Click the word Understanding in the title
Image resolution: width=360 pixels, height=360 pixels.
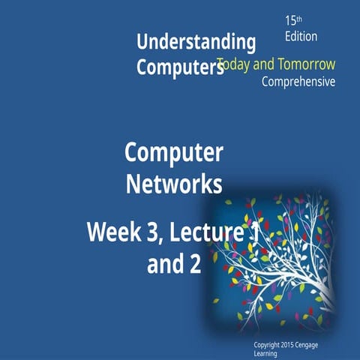tap(196, 41)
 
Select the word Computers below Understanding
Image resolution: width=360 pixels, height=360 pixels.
tap(180, 67)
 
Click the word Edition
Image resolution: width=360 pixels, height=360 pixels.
tap(301, 36)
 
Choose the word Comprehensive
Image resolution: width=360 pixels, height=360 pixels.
tap(298, 82)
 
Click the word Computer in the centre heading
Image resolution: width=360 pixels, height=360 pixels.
tap(173, 153)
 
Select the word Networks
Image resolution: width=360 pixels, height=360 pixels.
tap(173, 184)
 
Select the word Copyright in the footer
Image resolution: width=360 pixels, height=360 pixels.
tap(271, 344)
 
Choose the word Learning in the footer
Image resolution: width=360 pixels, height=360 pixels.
tap(267, 352)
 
